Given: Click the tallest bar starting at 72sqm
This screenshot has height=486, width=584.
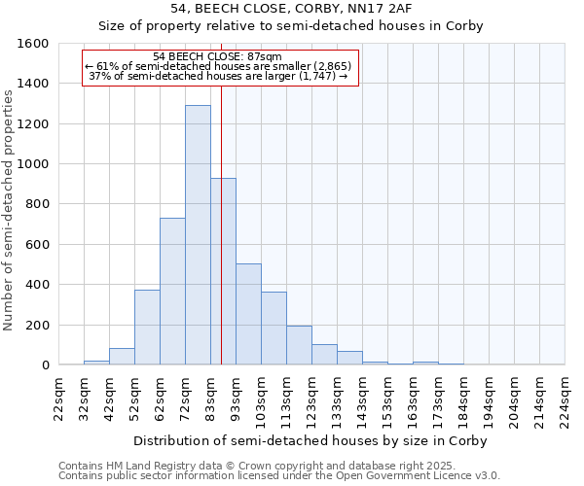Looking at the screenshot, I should [198, 235].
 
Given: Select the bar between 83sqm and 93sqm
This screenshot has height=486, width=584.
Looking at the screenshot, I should [223, 271].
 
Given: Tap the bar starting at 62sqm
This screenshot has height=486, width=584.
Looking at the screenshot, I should [172, 292].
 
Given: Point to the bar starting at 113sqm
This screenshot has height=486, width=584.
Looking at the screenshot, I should [299, 345].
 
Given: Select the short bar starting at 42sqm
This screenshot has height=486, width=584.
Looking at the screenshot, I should [122, 357].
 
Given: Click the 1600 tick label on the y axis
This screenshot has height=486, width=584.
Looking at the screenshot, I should [33, 44].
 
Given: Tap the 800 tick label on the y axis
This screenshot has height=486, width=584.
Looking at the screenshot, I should [37, 204].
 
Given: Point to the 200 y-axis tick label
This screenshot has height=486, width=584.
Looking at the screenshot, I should [37, 325].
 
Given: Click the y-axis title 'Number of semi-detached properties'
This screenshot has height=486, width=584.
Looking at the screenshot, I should [10, 207].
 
